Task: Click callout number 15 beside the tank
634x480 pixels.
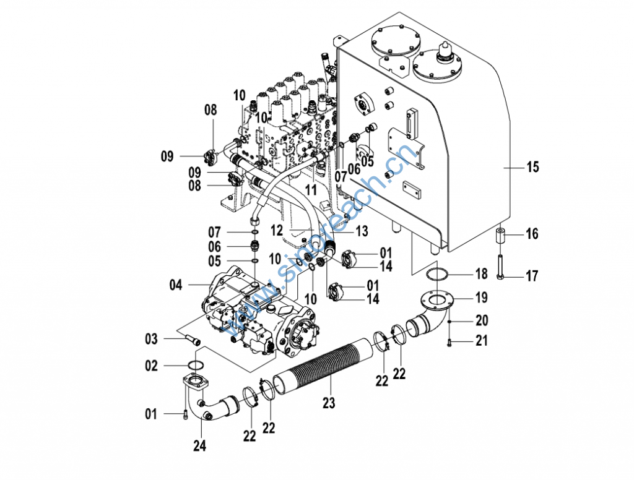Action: coord(532,166)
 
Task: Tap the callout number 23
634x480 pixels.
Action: coord(329,403)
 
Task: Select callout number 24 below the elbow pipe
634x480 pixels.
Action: coord(199,445)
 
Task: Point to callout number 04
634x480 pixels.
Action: coord(176,285)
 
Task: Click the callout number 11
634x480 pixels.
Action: coord(311,189)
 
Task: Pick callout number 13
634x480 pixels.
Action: coord(362,231)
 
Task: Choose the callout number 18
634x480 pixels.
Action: coord(481,274)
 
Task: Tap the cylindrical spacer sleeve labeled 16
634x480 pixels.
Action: coord(500,236)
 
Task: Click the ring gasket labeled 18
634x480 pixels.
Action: coord(436,275)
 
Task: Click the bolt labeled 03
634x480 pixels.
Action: coord(194,339)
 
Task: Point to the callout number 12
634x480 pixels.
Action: coord(277,231)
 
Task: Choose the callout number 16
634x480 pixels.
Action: coord(532,234)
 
